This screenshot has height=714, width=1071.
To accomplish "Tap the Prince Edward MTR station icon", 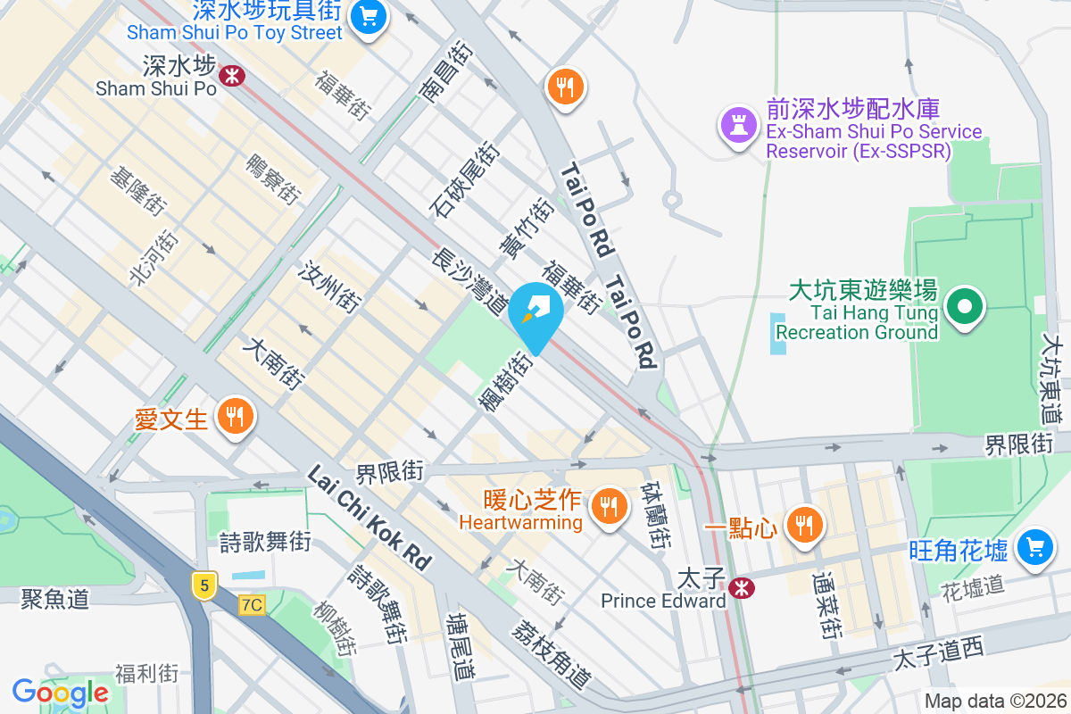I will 739,587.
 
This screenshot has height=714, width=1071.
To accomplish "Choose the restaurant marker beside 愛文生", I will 234,416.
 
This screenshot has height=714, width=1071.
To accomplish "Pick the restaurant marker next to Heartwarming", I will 610,507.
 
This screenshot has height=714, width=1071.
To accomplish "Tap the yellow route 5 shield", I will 203,585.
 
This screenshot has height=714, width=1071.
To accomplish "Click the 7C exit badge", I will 253,605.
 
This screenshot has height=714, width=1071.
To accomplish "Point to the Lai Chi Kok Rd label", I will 369,518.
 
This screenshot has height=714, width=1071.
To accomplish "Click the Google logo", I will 61,692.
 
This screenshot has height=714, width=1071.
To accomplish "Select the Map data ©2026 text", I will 995,702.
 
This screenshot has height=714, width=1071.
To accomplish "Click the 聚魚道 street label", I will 55,598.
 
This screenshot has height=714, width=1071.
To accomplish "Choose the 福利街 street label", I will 147,673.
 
